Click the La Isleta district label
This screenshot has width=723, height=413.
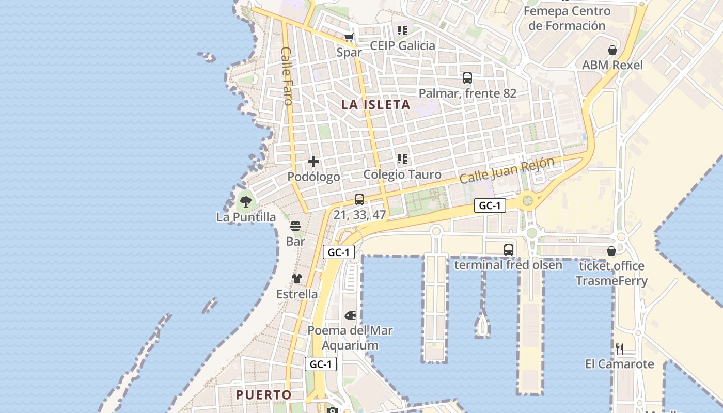(x=375, y=104)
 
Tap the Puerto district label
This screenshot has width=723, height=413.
(x=264, y=395)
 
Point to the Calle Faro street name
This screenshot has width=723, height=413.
(x=287, y=76)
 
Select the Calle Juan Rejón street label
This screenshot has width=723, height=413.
(x=507, y=170)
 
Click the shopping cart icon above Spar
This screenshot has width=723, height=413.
(x=349, y=37)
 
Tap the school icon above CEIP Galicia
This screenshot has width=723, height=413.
(x=402, y=30)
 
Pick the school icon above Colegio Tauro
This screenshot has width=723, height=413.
(x=402, y=159)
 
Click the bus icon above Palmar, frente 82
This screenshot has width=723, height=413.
(x=467, y=78)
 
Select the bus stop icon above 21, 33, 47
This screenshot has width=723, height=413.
(x=359, y=200)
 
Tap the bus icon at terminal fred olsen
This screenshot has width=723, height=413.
(x=509, y=250)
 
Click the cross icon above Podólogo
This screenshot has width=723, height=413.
(x=313, y=162)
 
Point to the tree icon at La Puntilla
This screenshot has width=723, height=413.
(x=246, y=201)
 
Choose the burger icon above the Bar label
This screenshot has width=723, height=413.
(x=295, y=226)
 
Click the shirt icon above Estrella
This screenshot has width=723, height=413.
(x=296, y=279)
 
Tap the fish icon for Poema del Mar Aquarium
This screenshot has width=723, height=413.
(x=350, y=315)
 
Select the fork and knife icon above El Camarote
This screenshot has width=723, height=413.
(x=620, y=349)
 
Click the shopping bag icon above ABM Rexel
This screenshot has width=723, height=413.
(x=612, y=50)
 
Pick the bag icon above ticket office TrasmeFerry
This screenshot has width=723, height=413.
(x=611, y=251)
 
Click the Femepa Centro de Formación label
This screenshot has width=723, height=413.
(x=567, y=18)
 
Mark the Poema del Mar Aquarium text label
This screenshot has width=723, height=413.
(x=350, y=338)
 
